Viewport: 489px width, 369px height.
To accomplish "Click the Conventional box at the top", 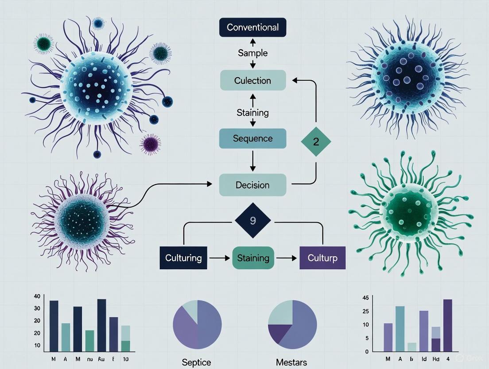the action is pos(252,27).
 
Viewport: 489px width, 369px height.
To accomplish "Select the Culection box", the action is pos(252,81).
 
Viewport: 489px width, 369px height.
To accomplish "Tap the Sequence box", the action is pos(252,139).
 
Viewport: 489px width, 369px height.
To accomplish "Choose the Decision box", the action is pos(252,185).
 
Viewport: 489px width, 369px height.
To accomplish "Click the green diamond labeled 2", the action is pos(316,141).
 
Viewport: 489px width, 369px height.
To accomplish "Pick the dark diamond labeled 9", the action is pos(252,220).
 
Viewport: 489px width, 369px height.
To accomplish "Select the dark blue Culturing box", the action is pos(183,258).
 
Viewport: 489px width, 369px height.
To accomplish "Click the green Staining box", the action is pos(253,258).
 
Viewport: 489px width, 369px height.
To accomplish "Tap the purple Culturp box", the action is pos(322,258).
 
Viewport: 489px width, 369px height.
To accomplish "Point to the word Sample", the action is pos(252,53).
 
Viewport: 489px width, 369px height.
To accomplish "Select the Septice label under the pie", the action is pos(197,362).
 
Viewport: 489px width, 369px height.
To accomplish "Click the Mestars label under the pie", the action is pos(291,362).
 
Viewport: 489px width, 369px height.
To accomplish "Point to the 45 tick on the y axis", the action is pos(365,298).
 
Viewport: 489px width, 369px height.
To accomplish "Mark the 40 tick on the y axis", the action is pos(37,296).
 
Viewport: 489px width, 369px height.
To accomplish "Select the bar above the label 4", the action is pos(447,325).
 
